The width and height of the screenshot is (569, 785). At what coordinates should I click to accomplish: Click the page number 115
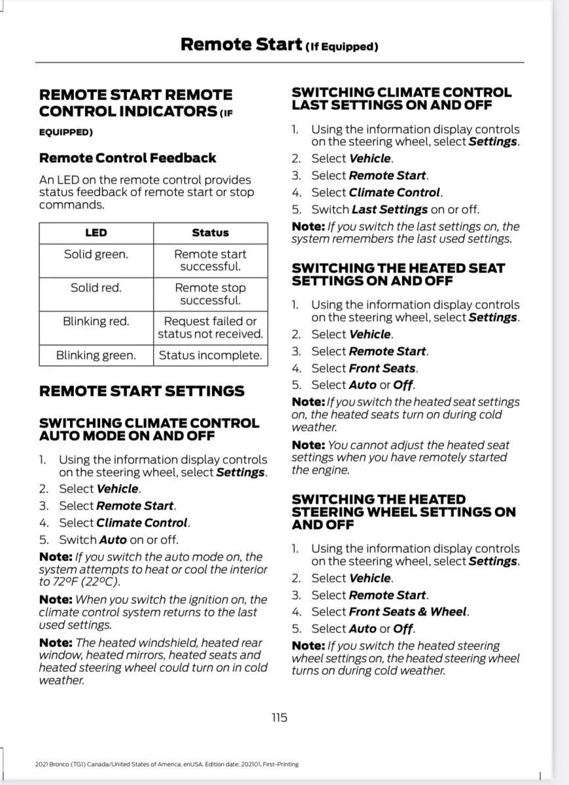[279, 718]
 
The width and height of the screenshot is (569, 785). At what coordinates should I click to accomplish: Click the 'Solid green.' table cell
[96, 254]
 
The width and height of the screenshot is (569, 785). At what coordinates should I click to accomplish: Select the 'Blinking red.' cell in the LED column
[96, 321]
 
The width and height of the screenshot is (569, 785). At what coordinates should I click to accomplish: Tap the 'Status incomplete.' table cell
[210, 355]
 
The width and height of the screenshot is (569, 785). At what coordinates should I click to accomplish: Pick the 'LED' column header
[96, 233]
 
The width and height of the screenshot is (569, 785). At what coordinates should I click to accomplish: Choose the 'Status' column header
[210, 233]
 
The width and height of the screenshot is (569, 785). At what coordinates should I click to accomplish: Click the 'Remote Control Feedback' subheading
[128, 158]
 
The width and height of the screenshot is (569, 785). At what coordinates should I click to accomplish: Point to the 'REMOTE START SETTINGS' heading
[141, 391]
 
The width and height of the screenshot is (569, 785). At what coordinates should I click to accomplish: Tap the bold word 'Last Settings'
[390, 209]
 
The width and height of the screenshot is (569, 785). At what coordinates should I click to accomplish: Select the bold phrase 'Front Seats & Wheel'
[408, 612]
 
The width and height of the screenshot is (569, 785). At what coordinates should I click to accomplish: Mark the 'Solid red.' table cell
[96, 288]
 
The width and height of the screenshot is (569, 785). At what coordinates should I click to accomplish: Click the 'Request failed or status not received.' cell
[210, 328]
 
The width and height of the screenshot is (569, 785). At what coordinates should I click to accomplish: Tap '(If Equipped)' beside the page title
[342, 47]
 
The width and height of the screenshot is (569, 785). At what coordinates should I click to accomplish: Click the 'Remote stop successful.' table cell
[210, 294]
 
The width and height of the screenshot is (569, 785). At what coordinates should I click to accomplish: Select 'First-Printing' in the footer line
[282, 764]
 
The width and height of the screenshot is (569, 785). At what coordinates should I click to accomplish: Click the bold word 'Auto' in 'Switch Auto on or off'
[113, 540]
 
